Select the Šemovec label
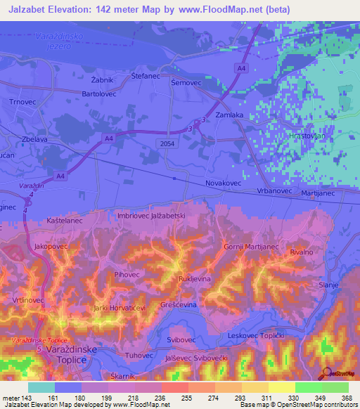(x=186, y=82)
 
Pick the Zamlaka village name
(x=229, y=114)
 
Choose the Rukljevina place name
(x=195, y=278)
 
